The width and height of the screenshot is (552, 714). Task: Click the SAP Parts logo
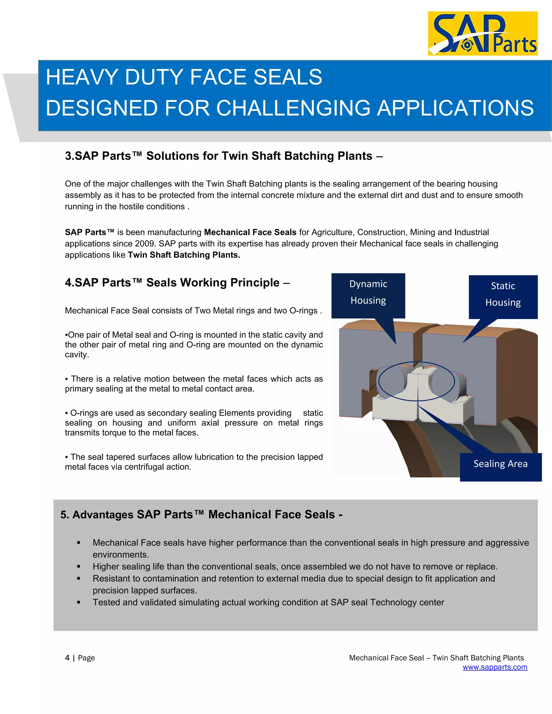(483, 34)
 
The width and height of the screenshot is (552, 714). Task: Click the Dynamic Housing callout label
(368, 292)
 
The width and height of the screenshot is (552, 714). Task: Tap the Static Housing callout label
(503, 294)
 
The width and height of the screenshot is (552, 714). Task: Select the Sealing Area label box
(500, 464)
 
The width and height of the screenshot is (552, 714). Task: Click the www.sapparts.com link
(495, 667)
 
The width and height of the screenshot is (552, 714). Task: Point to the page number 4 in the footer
(67, 658)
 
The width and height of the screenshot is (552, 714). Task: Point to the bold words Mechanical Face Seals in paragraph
(250, 233)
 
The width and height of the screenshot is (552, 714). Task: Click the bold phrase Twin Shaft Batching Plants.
(184, 255)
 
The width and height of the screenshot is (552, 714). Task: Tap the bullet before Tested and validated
(78, 602)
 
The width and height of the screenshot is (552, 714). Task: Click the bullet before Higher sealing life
(78, 567)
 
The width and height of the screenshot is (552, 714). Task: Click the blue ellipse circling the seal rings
(379, 381)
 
